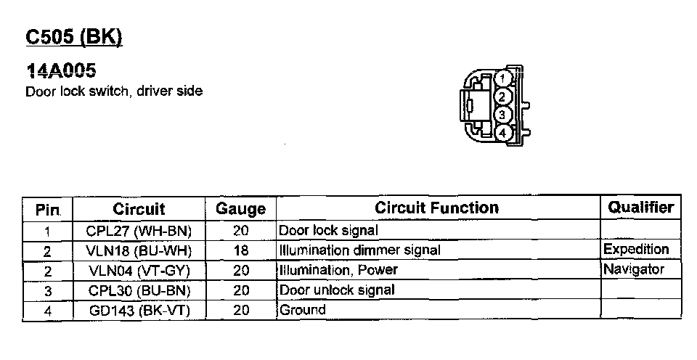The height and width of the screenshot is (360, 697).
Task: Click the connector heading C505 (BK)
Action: pyautogui.click(x=73, y=38)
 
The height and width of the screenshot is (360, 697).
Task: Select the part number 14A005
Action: pyautogui.click(x=62, y=71)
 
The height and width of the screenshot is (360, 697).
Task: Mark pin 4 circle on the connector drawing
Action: pyautogui.click(x=503, y=133)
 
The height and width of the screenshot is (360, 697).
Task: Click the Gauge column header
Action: pyautogui.click(x=241, y=209)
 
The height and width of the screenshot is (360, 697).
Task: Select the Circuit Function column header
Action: pyautogui.click(x=436, y=208)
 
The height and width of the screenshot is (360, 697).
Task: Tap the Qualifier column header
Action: pyautogui.click(x=641, y=208)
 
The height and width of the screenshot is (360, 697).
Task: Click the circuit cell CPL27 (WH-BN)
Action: pyautogui.click(x=139, y=231)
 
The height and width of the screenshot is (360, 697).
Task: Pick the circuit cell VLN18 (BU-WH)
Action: pyautogui.click(x=139, y=250)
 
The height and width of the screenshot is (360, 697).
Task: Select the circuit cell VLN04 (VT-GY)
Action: pyautogui.click(x=139, y=270)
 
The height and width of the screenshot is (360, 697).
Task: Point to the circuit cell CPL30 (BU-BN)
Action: pyautogui.click(x=139, y=290)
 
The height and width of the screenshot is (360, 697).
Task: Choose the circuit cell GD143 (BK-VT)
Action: pyautogui.click(x=139, y=309)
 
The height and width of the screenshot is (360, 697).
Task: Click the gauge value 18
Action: pyautogui.click(x=242, y=250)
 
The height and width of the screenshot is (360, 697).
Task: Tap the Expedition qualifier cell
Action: pyautogui.click(x=635, y=249)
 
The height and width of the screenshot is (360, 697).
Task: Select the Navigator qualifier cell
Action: pyautogui.click(x=633, y=269)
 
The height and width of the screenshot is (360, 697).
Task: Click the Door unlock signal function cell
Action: pyautogui.click(x=337, y=290)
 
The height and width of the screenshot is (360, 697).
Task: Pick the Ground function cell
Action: pyautogui.click(x=303, y=309)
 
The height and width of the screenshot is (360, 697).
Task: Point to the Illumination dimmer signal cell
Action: pyautogui.click(x=359, y=250)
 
